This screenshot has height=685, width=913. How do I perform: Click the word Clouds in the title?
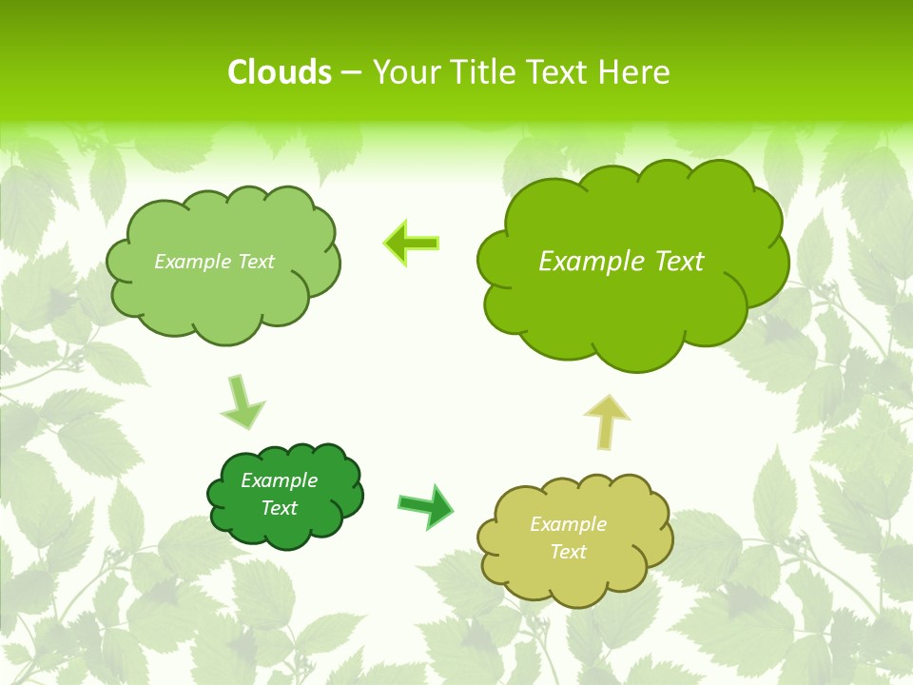(x=279, y=72)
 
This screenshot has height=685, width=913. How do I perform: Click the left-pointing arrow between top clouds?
(x=412, y=244)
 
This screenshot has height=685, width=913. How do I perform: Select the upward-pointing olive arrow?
(x=607, y=421)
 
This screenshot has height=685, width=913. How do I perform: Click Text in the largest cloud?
(x=680, y=262)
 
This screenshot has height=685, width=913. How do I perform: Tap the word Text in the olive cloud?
(x=568, y=552)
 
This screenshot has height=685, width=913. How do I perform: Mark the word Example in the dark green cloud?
(x=279, y=480)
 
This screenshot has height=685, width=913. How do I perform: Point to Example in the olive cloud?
(x=568, y=524)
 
